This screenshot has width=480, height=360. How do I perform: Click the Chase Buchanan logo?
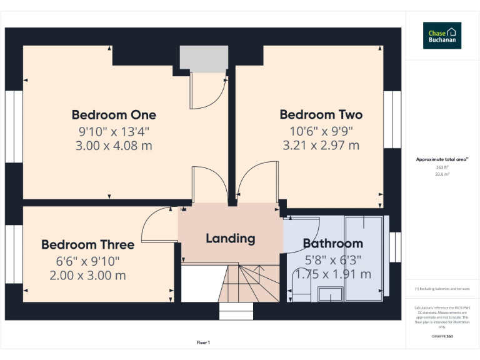coord(442,36)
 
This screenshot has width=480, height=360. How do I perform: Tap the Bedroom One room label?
coord(114,115)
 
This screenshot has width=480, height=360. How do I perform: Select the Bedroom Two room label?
coord(321,115)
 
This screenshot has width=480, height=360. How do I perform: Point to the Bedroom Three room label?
coord(87,244)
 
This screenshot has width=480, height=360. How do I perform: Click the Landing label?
coord(231,238)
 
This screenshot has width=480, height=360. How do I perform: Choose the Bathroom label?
coord(332,244)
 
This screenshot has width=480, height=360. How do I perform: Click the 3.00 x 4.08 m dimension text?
coord(114,146)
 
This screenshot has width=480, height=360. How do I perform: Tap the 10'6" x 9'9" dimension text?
coord(321,131)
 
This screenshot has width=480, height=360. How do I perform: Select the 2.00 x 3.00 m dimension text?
coord(87,275)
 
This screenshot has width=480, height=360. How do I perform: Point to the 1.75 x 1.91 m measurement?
coord(332,274)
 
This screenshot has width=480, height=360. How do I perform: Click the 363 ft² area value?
coord(442,167)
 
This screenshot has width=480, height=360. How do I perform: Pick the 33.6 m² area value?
coord(442,174)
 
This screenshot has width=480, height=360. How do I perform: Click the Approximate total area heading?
coord(442,160)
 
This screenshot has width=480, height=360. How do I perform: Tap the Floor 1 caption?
coord(203,342)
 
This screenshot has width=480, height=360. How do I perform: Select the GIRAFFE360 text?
coord(442,336)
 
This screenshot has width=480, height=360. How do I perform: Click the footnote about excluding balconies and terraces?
coord(442,289)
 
